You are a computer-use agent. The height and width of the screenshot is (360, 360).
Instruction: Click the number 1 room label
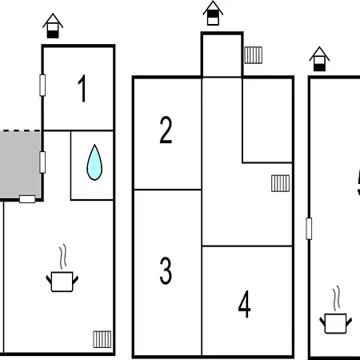[82, 88]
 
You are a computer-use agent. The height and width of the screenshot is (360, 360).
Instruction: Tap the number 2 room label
[166, 130]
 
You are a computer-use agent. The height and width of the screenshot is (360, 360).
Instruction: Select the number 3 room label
[166, 270]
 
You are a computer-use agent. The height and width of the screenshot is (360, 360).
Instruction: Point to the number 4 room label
[244, 304]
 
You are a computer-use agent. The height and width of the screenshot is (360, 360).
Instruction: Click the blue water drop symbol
[94, 162]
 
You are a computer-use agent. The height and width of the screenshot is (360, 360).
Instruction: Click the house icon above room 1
[53, 26]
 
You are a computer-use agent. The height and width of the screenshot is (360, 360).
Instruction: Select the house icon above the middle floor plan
[213, 13]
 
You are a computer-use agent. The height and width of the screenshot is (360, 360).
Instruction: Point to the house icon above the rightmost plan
[319, 59]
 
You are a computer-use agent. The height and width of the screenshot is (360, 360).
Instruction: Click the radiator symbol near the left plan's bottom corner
[102, 339]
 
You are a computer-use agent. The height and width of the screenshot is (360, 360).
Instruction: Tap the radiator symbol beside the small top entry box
[254, 55]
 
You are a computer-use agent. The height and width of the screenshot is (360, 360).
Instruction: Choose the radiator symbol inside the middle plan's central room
[280, 183]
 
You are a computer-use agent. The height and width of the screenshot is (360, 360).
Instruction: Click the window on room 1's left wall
[42, 86]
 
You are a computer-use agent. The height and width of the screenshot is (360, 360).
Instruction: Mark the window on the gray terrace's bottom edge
[27, 199]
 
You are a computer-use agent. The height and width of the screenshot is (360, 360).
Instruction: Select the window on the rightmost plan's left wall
[309, 229]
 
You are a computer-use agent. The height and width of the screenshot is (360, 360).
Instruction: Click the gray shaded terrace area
[20, 165]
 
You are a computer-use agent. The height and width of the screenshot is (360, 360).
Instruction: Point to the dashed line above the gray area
[20, 130]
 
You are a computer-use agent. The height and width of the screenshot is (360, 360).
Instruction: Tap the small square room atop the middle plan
[222, 55]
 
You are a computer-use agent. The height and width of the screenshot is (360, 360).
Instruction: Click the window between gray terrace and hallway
[42, 162]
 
